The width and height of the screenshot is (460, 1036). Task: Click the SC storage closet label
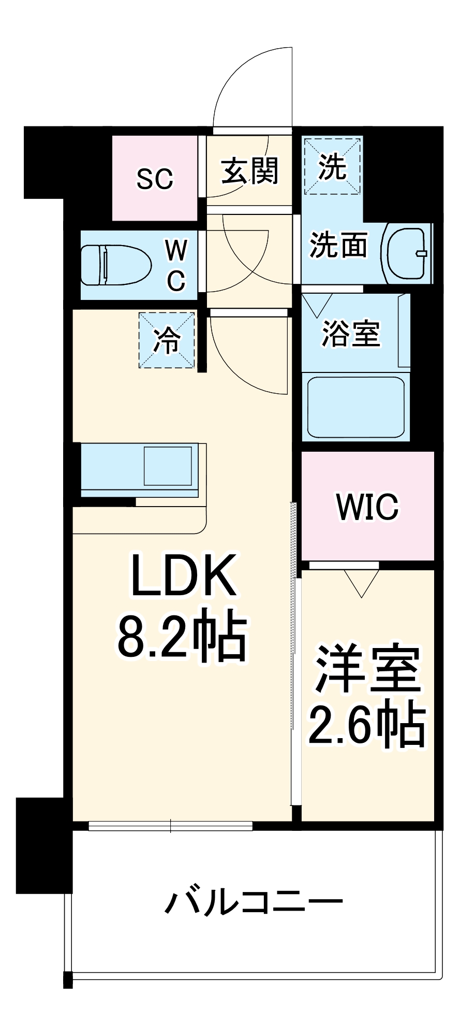tap(155, 179)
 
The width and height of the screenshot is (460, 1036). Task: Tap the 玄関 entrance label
tap(250, 171)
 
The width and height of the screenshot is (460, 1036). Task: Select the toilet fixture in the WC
tap(115, 265)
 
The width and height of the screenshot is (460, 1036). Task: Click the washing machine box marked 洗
tap(332, 166)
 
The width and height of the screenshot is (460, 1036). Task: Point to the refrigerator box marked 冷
tap(167, 340)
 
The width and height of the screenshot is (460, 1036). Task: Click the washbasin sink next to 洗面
tap(407, 253)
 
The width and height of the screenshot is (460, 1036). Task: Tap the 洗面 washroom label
tap(338, 244)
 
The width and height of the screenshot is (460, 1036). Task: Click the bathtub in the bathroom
tap(355, 407)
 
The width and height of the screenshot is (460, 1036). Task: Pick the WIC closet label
tap(367, 506)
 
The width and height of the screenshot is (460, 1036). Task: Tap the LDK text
tap(183, 575)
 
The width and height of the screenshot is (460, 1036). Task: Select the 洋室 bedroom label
tap(367, 669)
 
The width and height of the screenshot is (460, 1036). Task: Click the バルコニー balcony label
tap(254, 902)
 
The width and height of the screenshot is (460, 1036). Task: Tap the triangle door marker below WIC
tap(361, 583)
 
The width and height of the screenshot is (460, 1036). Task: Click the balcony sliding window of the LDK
tap(171, 825)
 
